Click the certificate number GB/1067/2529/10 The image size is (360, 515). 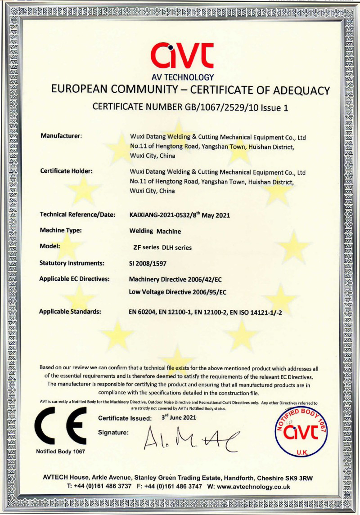pos(213,107)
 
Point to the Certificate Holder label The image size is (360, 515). pos(66,171)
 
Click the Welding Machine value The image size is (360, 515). pos(155,232)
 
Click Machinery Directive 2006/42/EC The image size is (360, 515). pos(175,279)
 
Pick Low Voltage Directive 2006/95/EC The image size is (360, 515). pos(177,292)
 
